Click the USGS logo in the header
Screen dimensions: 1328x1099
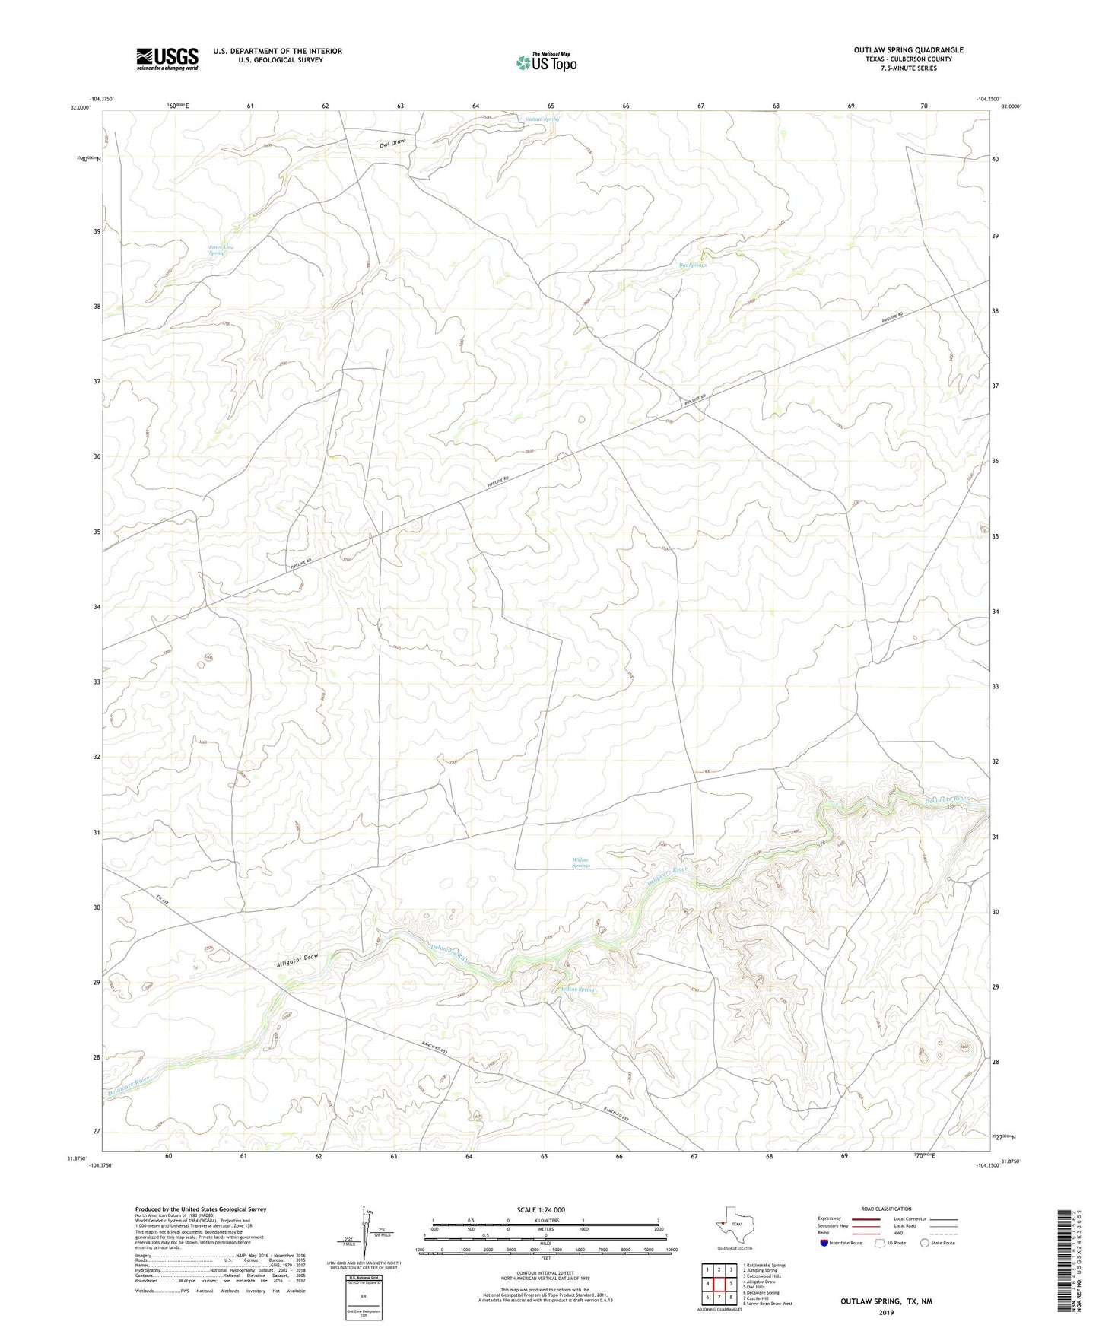(167, 59)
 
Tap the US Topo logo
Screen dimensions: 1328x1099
(545, 62)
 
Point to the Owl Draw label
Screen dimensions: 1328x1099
(392, 142)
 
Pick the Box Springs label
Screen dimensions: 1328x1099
(692, 265)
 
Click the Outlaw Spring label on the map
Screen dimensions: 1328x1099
(542, 119)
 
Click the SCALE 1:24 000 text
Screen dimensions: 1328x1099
(541, 1210)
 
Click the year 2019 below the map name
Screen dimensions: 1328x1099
(885, 1312)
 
